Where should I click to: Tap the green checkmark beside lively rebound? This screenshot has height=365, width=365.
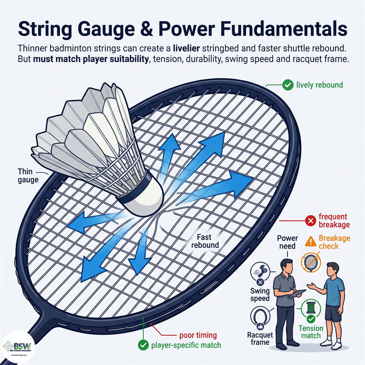pyautogui.click(x=288, y=85)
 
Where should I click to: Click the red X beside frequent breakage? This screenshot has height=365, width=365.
pyautogui.click(x=310, y=221)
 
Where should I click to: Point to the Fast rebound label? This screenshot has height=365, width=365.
pyautogui.click(x=206, y=241)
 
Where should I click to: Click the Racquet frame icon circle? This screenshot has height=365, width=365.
pyautogui.click(x=261, y=317)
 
